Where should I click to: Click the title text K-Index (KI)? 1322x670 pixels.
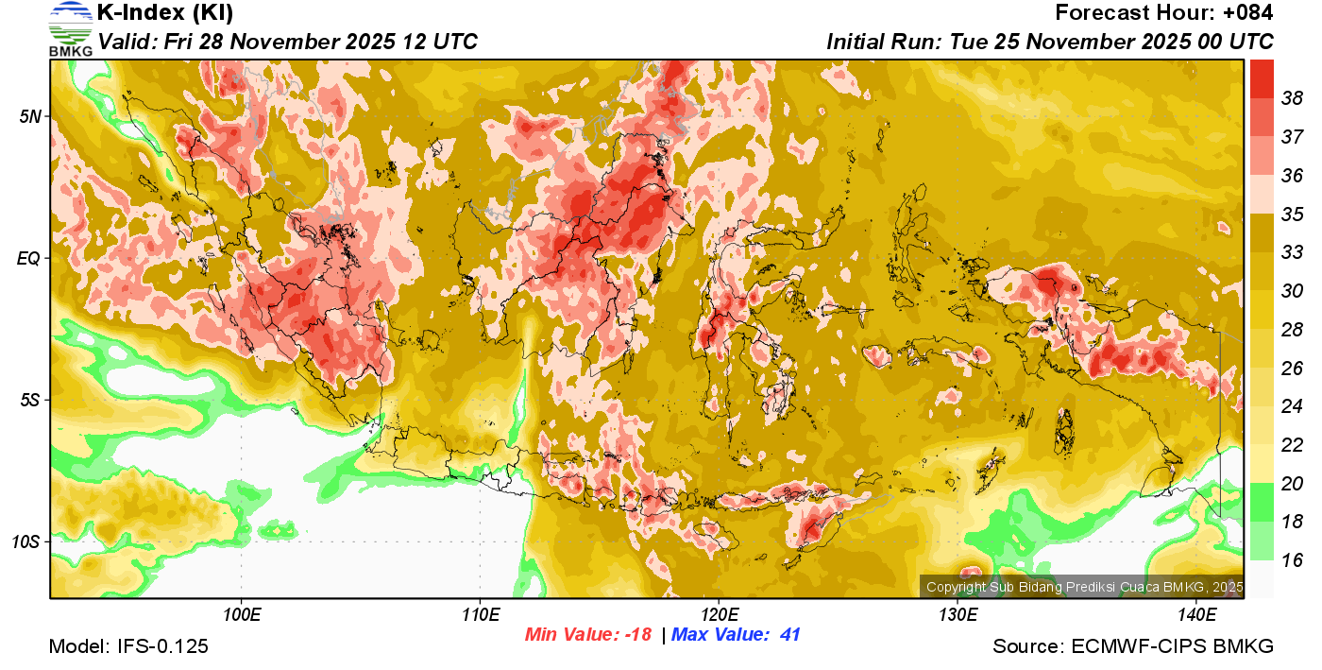[x=165, y=13]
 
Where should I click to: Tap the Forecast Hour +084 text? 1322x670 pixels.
[x=1164, y=13]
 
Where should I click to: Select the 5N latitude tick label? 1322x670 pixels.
[x=30, y=116]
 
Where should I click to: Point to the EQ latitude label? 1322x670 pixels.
[x=28, y=258]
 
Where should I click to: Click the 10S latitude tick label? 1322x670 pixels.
[x=26, y=542]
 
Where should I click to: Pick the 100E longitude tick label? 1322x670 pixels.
[x=242, y=615]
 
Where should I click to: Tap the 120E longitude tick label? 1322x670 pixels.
[x=719, y=615]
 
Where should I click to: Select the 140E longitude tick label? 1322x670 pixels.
[x=1196, y=615]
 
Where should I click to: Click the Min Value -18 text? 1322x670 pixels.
[x=588, y=635]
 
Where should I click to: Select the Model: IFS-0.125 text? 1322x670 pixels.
[x=128, y=647]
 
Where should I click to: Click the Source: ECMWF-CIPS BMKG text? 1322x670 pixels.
[x=1133, y=647]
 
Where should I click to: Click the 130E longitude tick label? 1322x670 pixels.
[x=958, y=615]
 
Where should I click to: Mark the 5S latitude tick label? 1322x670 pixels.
[x=30, y=401]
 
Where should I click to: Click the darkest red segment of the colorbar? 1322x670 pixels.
[x=1262, y=78]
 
